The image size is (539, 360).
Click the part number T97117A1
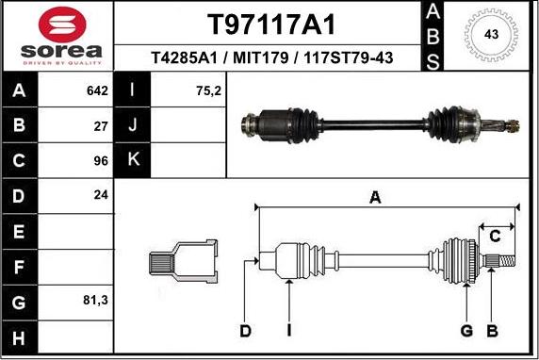[x=271, y=24]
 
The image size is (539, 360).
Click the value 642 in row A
[x=98, y=91]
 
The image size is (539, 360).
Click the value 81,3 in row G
[x=96, y=301]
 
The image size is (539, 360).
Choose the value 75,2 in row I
[x=183, y=91]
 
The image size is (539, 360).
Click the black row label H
[x=19, y=336]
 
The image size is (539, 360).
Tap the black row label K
[x=132, y=160]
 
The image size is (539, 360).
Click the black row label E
[x=19, y=231]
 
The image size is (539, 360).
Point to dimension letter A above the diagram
[x=375, y=197]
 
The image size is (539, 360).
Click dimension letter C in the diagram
[x=493, y=236]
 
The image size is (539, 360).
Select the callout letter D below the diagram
[x=245, y=330]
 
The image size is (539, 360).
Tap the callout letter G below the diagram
[x=465, y=330]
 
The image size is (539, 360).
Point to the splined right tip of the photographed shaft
[x=510, y=125]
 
